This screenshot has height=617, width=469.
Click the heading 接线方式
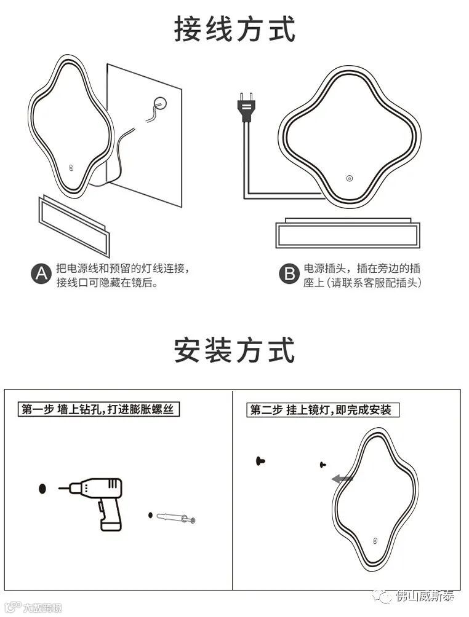pyautogui.click(x=235, y=29)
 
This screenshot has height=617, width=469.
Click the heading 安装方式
pyautogui.click(x=235, y=350)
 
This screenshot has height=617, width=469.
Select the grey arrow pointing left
pyautogui.click(x=342, y=479)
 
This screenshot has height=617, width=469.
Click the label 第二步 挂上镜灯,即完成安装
pyautogui.click(x=320, y=410)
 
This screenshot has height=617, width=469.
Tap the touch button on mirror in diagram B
pyautogui.click(x=348, y=179)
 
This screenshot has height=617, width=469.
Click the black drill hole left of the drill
pyautogui.click(x=42, y=489)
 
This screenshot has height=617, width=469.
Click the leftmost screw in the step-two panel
pyautogui.click(x=262, y=460)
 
